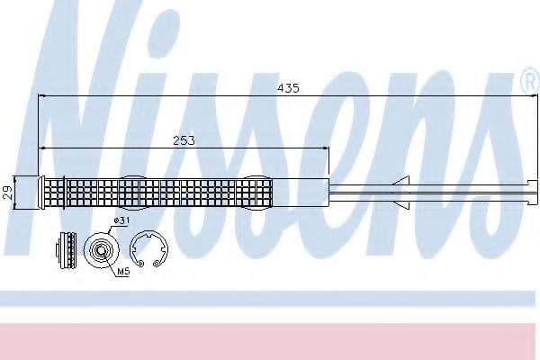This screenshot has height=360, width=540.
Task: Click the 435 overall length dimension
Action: click(288, 88)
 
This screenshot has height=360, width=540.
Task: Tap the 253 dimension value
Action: click(184, 140)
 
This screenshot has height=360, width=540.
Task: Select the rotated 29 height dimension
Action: click(8, 193)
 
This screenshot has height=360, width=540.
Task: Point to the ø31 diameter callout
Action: click(121, 220)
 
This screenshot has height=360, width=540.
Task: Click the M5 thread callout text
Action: click(123, 272)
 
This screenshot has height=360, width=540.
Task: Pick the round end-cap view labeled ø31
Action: click(102, 250)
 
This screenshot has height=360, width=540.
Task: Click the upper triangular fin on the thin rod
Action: click(402, 181)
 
